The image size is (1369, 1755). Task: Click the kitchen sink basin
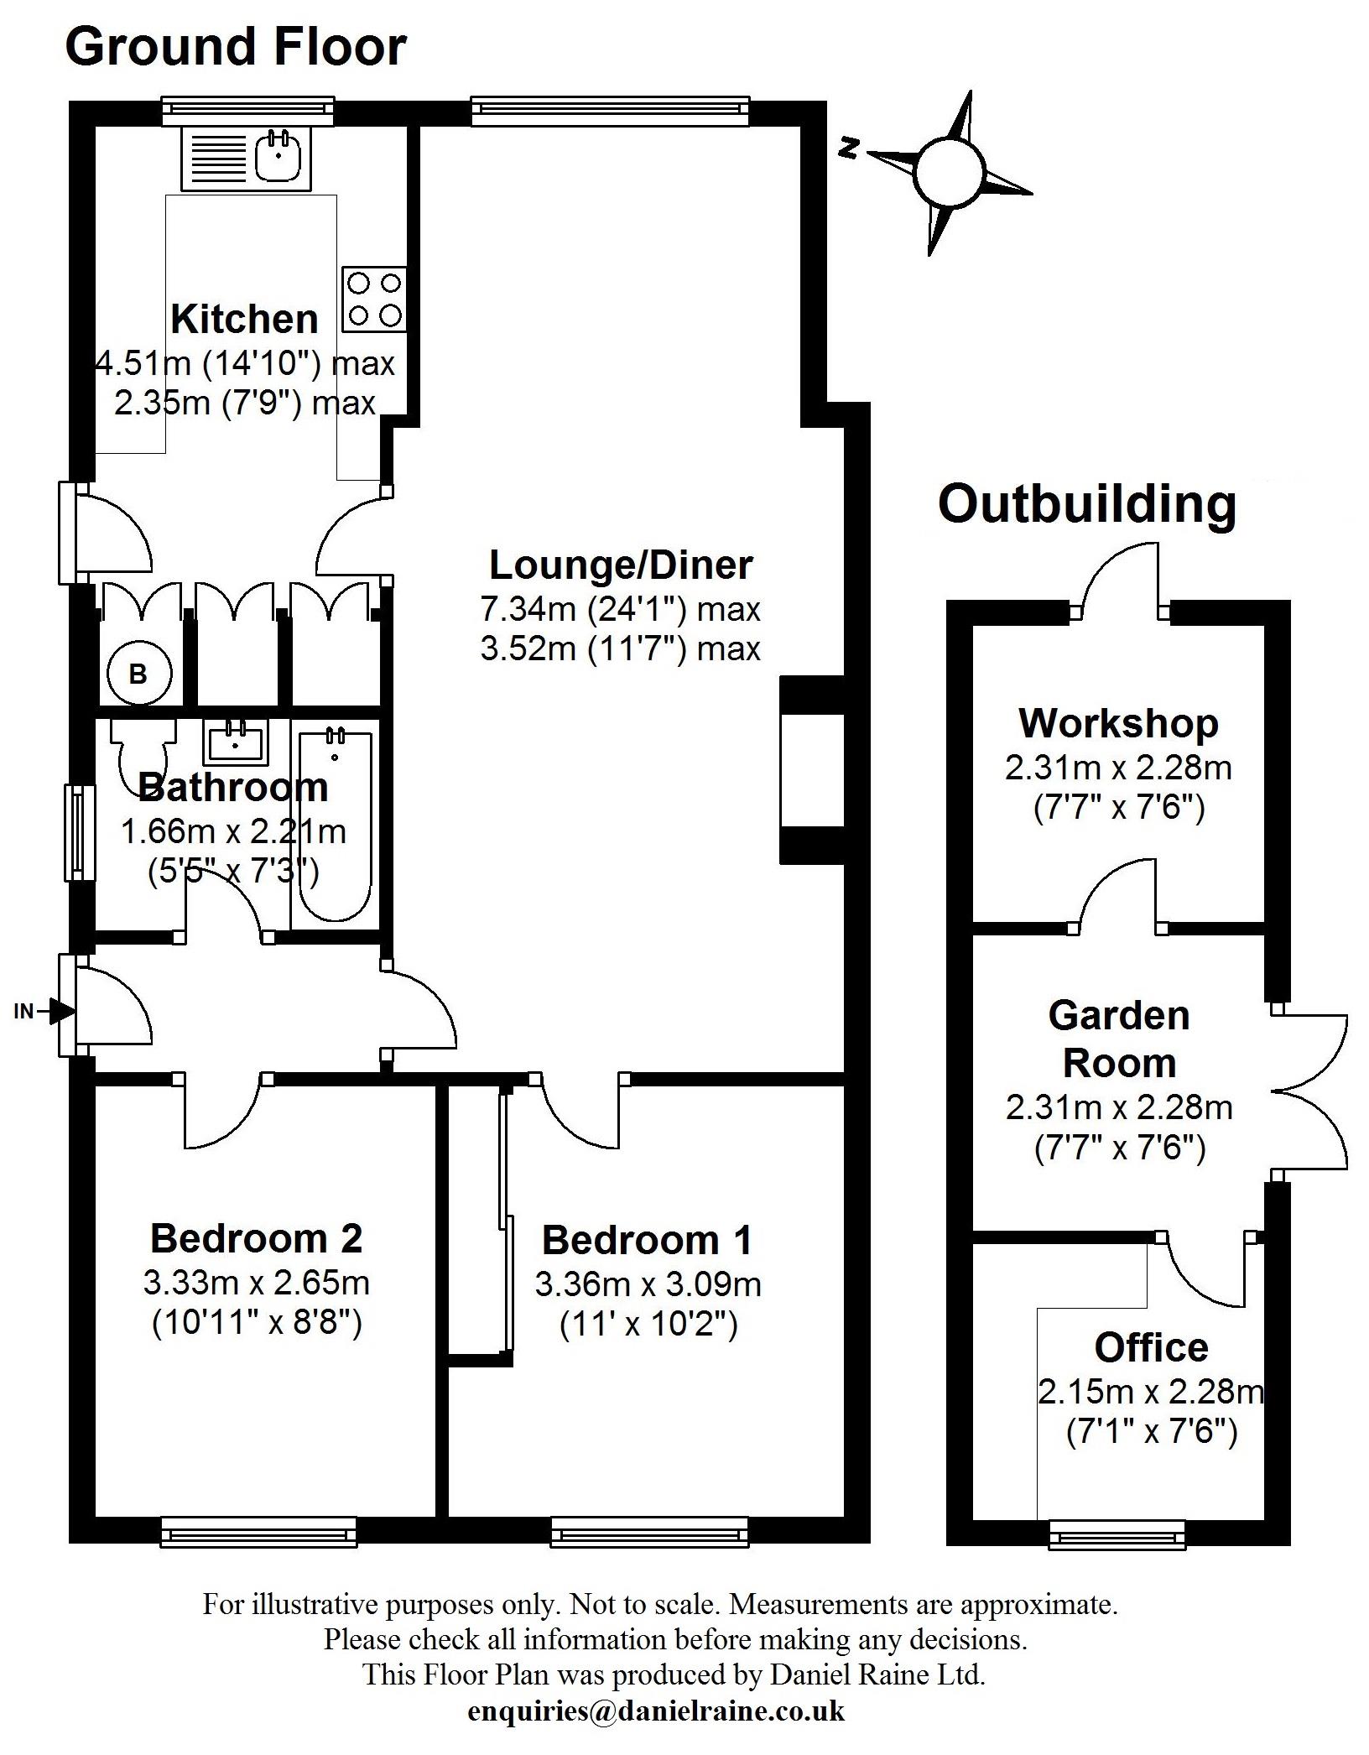278,155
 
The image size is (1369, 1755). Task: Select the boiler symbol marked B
139,673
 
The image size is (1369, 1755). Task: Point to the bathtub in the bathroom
336,825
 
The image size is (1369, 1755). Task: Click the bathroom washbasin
235,742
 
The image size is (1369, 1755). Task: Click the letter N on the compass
849,149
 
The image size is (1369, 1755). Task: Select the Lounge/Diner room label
621,565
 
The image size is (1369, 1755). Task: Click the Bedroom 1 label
647,1240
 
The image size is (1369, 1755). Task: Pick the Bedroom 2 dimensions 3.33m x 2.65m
257,1283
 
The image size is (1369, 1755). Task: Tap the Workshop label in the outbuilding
1118,723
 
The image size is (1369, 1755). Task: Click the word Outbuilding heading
1087,505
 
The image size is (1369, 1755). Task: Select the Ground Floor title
236,47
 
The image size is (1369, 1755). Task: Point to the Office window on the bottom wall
1117,1534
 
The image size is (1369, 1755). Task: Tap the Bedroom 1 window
649,1532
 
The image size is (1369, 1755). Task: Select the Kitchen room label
244,320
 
